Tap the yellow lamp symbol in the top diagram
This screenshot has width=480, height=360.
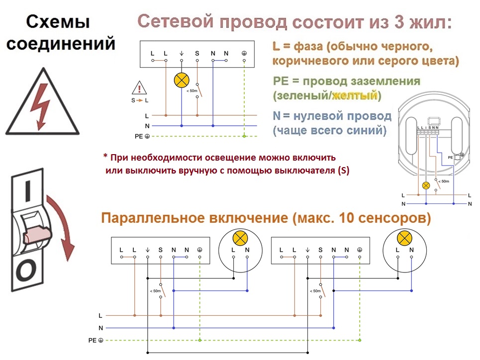point(182,81)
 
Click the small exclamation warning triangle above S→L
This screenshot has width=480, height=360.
point(139,88)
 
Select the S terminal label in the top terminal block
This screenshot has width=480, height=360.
point(197,53)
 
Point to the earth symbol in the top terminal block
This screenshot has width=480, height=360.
point(244,53)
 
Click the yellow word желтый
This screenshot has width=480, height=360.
point(355,95)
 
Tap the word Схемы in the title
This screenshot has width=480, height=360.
point(58,22)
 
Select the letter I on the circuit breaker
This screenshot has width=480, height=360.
point(28,191)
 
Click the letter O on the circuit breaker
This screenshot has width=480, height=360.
point(26,270)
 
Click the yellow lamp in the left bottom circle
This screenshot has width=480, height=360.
point(240,238)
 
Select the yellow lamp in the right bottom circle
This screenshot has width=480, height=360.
point(404,238)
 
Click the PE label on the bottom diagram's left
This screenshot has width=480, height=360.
point(92,341)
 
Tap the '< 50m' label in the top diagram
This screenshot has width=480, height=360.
point(192,91)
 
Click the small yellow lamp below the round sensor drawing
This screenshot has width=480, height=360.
point(426,185)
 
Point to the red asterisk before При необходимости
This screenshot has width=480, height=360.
point(105,157)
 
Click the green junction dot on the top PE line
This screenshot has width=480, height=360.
point(244,136)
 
